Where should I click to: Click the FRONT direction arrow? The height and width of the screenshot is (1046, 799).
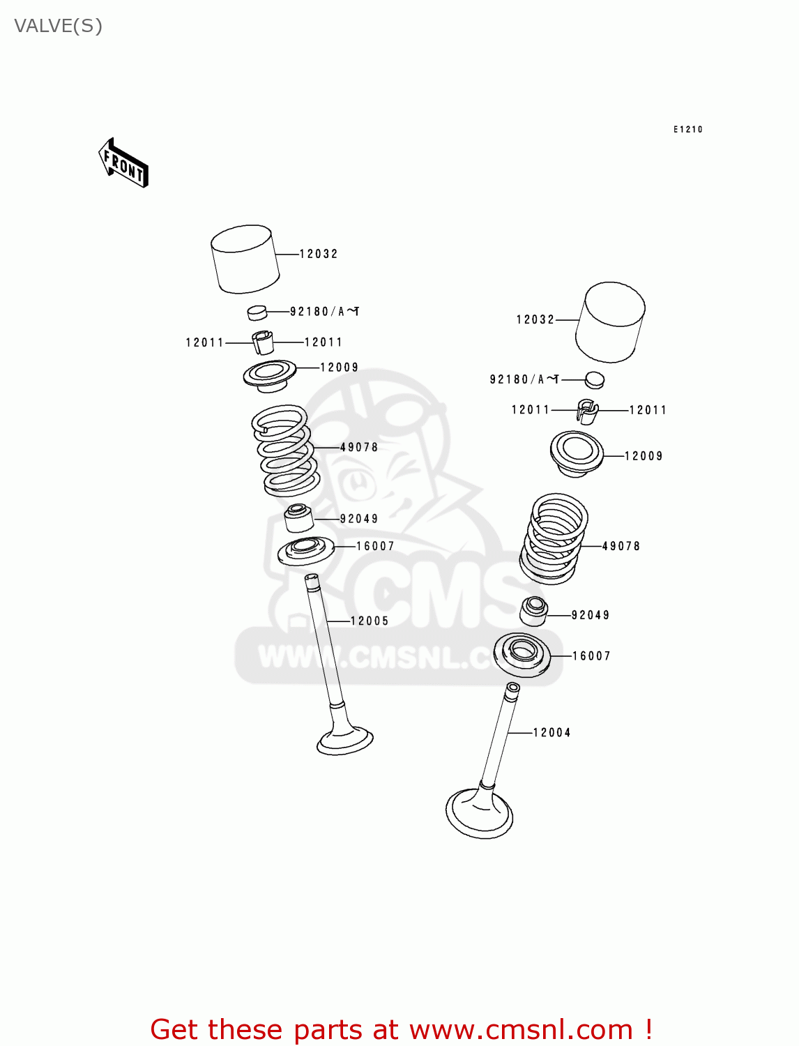(x=124, y=163)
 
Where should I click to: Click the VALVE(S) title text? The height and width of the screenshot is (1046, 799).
(x=59, y=26)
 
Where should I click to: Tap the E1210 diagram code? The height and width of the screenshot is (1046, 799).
(x=687, y=129)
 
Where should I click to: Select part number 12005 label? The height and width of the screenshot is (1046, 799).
(x=369, y=621)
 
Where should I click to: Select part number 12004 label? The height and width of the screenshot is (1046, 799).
(x=551, y=732)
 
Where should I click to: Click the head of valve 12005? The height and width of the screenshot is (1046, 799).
(x=345, y=740)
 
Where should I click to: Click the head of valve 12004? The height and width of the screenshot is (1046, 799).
(x=480, y=812)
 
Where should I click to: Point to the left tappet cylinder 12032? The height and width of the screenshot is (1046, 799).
(x=245, y=259)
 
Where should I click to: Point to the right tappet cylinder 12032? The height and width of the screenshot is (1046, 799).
(x=610, y=322)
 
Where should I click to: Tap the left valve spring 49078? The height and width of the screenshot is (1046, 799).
(x=285, y=450)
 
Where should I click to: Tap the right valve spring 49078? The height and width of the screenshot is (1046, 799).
(x=554, y=538)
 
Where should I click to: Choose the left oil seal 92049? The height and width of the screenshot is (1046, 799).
(x=299, y=518)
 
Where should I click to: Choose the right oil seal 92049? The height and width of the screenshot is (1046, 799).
(x=534, y=612)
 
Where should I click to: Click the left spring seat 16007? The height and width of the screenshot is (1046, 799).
(x=305, y=551)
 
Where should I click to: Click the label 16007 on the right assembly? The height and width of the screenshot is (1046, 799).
(x=591, y=655)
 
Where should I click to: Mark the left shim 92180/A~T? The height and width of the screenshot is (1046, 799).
(x=257, y=312)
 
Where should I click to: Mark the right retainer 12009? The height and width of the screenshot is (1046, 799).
(x=577, y=453)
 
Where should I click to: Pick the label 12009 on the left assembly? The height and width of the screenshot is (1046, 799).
(x=339, y=367)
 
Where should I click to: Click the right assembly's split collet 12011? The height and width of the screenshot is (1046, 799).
(x=587, y=411)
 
